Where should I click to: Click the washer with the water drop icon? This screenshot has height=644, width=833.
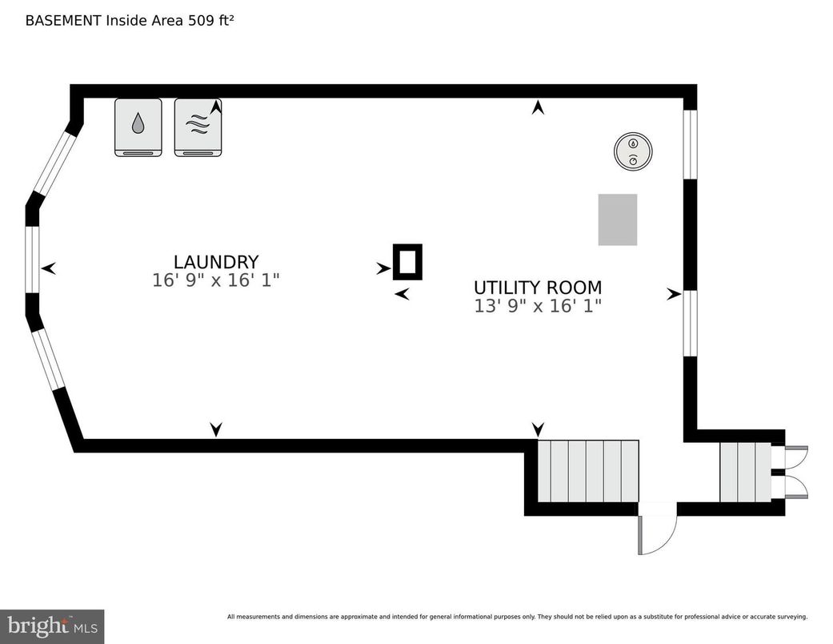click(138, 127)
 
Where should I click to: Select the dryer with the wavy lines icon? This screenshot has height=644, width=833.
click(198, 127)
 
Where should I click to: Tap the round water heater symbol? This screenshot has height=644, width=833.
click(634, 151)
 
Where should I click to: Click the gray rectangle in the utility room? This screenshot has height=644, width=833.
click(618, 219)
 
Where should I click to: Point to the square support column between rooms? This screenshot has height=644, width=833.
click(407, 261)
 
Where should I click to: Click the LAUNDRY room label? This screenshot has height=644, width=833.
click(216, 262)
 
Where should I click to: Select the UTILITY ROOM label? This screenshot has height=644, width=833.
click(538, 288)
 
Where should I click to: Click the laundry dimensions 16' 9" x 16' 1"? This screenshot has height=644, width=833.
click(216, 280)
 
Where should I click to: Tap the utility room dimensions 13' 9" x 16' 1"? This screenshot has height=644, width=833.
click(538, 306)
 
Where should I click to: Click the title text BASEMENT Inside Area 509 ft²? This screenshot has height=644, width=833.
click(130, 20)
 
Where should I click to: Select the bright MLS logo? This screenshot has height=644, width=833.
click(52, 626)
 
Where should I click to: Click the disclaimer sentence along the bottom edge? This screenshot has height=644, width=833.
click(517, 617)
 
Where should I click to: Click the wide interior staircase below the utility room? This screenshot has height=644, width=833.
click(587, 471)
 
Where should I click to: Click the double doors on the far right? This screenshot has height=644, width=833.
click(795, 472)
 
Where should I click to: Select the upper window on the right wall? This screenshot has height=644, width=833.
click(690, 144)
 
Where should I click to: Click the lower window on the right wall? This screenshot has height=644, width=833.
click(690, 323)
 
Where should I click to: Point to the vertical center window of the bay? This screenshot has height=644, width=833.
click(32, 260)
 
